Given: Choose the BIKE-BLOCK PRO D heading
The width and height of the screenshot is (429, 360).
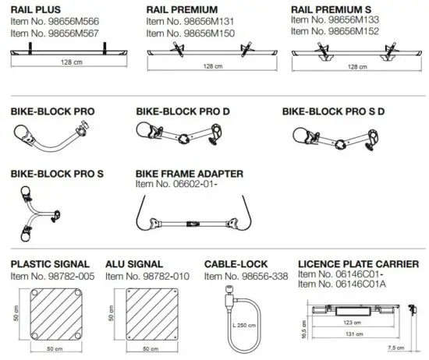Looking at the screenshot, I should [183, 112].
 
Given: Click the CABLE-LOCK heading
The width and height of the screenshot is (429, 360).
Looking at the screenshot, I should [234, 265].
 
